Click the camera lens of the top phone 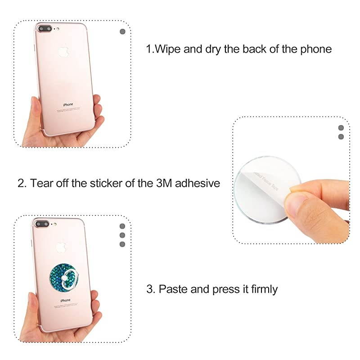click(x=44, y=29)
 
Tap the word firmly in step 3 click(x=261, y=289)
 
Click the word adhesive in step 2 click(x=198, y=183)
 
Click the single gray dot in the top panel click(x=123, y=31)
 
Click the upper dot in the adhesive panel click(x=341, y=128)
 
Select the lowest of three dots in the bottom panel click(x=122, y=244)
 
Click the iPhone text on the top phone click(x=67, y=104)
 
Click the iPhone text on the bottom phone click(x=65, y=300)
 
